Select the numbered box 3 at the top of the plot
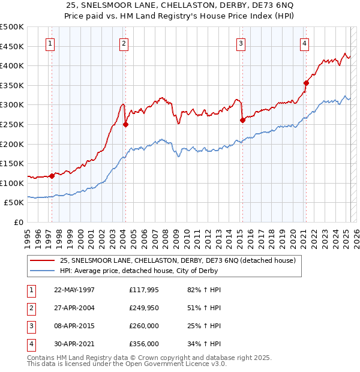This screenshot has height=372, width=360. [241, 43]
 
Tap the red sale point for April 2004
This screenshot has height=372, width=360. [126, 125]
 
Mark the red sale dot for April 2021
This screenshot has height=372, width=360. [306, 83]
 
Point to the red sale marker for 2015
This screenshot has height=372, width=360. [242, 120]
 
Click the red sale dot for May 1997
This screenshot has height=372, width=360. [52, 176]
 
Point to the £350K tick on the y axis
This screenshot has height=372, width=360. [12, 85]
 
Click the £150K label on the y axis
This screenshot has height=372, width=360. [12, 163]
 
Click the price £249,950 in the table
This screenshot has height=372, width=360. [144, 308]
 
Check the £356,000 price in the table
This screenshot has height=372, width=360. [144, 344]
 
